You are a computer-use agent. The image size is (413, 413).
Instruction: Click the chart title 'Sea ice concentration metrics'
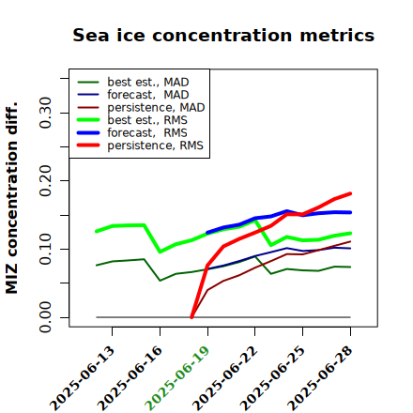click(x=223, y=35)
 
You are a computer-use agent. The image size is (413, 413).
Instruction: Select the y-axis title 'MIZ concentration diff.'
click(x=11, y=198)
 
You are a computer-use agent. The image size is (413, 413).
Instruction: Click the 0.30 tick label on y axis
click(x=46, y=113)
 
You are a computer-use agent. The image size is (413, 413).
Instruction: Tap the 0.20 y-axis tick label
click(x=46, y=181)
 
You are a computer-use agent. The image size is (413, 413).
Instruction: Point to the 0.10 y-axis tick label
click(x=46, y=249)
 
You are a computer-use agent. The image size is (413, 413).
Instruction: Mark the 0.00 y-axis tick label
click(x=46, y=317)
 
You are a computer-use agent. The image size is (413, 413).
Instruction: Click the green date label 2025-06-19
click(x=177, y=378)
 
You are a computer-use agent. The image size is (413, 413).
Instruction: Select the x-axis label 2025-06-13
click(x=82, y=378)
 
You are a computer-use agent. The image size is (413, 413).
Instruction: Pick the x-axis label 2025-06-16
click(x=130, y=378)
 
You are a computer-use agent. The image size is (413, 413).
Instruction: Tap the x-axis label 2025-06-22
click(x=224, y=378)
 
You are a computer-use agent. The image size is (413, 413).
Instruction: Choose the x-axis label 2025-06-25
click(x=272, y=378)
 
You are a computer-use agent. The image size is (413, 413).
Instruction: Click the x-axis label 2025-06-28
click(x=320, y=378)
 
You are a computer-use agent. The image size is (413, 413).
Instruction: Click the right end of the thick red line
click(x=350, y=193)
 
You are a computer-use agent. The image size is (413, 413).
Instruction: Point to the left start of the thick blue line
click(x=207, y=233)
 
